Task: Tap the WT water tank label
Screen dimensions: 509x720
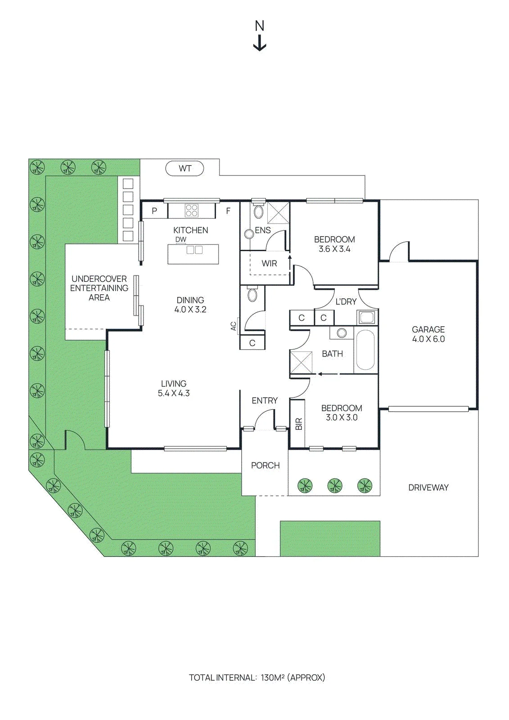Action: coord(185,168)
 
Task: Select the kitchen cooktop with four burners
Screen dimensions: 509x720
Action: coord(191,211)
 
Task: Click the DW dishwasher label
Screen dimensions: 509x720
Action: coord(181,239)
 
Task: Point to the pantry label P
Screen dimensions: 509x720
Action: coord(154,211)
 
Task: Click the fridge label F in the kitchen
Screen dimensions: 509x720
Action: coord(228,211)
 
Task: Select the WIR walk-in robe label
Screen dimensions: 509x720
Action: coord(269,264)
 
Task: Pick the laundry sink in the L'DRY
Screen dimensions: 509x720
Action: coord(366,318)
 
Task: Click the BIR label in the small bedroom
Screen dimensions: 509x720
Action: coord(299,424)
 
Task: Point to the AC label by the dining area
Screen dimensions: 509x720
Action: coord(234,326)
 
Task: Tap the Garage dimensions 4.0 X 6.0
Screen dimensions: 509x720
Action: coord(428,339)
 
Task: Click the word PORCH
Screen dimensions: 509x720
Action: coord(265,465)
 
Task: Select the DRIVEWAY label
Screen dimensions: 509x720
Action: coord(428,488)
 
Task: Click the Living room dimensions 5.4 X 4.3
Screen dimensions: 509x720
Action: coord(174,393)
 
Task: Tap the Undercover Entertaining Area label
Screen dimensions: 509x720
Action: coord(99,288)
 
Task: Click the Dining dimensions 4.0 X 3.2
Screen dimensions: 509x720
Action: coord(190,310)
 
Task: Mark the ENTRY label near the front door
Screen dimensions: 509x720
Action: coord(265,400)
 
